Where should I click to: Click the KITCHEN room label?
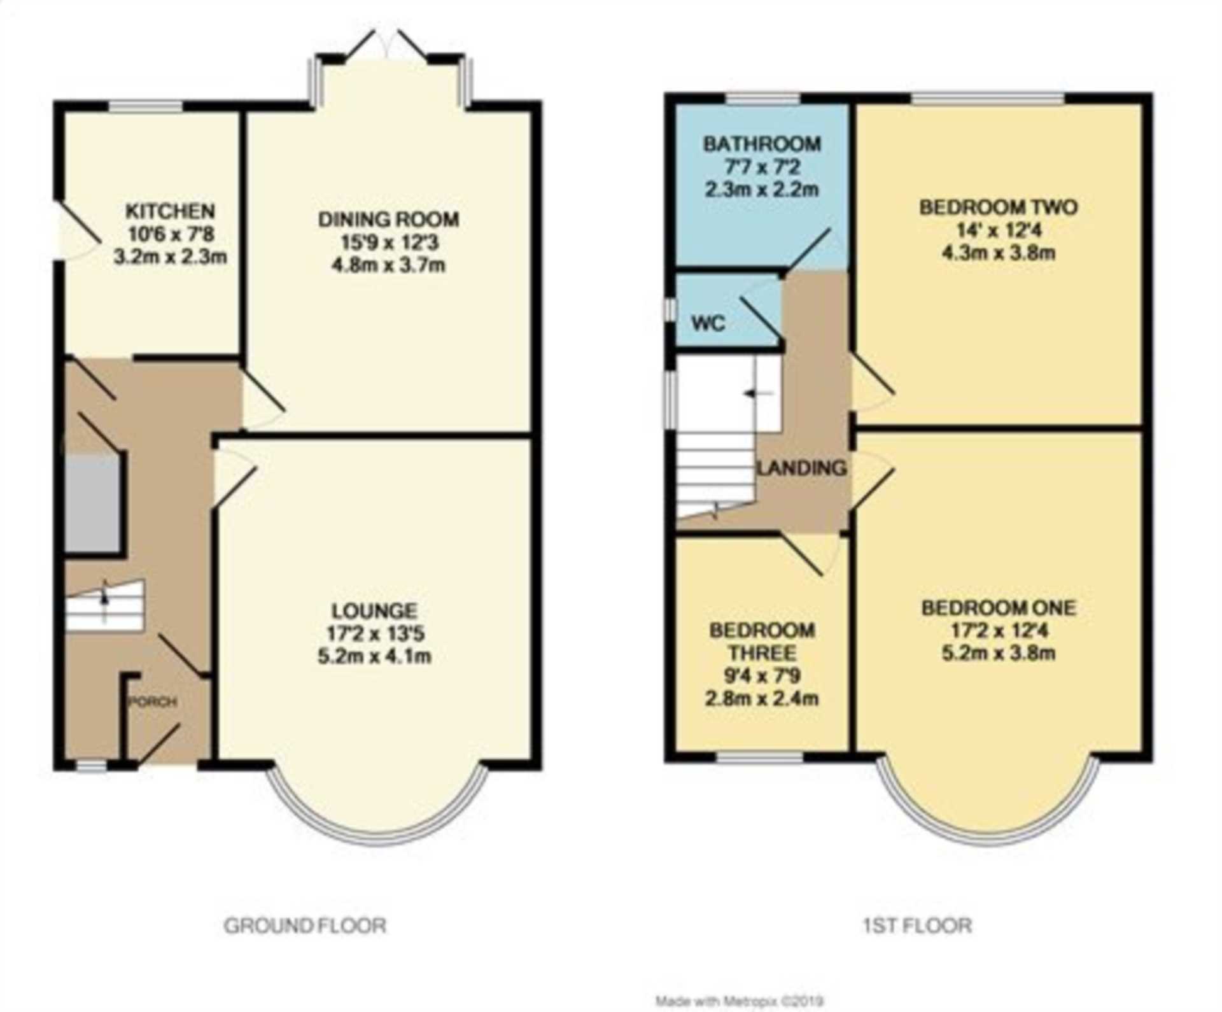pos(170,211)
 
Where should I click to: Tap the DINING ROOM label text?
pos(388,220)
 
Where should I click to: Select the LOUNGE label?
pos(374,611)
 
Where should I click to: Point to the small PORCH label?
pos(153,702)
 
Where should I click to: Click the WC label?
pos(708,323)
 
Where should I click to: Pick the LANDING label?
pos(802,468)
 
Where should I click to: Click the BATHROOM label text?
pos(762,144)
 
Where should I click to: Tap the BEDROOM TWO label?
pos(998,207)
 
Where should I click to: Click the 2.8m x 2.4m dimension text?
pos(762,699)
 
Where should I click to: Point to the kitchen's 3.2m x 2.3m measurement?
pos(170,257)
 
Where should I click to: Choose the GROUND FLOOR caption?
pos(305,925)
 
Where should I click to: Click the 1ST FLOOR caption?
pos(917,925)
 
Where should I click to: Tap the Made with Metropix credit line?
pos(740,1002)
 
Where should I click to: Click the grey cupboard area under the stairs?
pos(92,503)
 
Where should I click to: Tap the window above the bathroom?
pos(763,99)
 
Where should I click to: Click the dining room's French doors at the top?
pos(390,45)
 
